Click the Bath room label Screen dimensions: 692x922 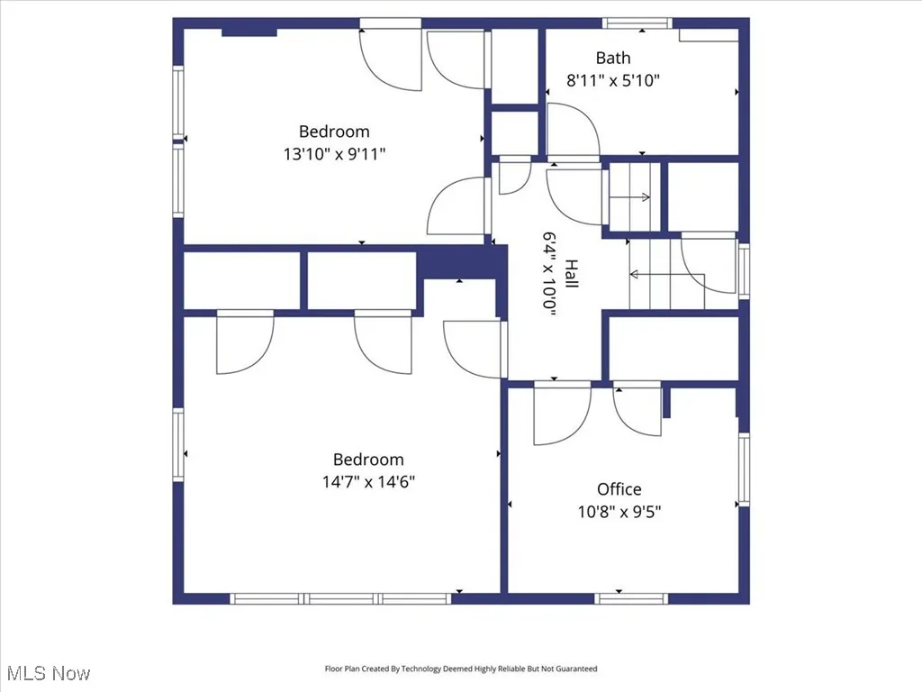[612, 59]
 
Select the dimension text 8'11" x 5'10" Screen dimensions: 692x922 [612, 80]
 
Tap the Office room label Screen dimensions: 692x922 [619, 489]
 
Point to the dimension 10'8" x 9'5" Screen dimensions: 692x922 [619, 512]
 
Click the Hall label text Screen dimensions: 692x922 [571, 274]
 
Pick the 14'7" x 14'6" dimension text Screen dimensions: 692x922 [368, 481]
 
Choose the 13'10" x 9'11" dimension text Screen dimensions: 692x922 [334, 154]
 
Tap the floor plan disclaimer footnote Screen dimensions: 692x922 [460, 669]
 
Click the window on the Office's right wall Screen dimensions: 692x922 [744, 469]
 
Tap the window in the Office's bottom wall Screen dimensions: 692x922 [631, 598]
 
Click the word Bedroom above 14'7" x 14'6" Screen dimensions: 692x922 [368, 460]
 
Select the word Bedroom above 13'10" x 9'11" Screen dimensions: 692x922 [334, 132]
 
